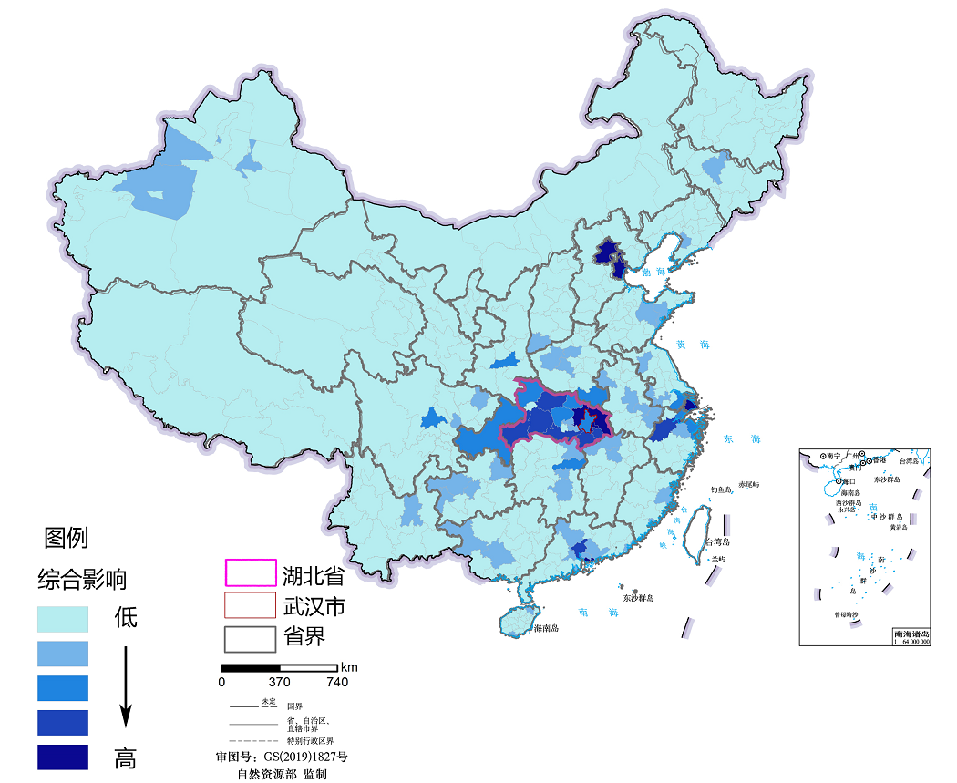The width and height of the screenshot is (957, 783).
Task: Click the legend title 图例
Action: click(67, 538)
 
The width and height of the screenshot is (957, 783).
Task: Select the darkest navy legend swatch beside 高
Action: click(63, 757)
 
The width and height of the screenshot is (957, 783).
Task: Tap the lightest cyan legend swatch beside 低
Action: click(63, 619)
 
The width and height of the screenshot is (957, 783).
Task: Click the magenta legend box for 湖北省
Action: click(250, 572)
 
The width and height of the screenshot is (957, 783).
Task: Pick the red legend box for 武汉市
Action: click(250, 604)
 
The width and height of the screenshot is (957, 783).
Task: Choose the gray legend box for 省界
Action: click(250, 637)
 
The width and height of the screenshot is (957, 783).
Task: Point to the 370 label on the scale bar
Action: click(279, 682)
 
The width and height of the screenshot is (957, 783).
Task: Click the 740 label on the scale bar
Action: click(336, 682)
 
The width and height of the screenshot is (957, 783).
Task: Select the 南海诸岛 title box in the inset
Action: click(911, 636)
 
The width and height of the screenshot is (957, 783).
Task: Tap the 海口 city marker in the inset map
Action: click(839, 480)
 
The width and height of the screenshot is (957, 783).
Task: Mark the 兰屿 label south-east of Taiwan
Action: click(719, 558)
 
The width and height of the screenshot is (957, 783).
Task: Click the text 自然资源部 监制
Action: click(282, 773)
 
